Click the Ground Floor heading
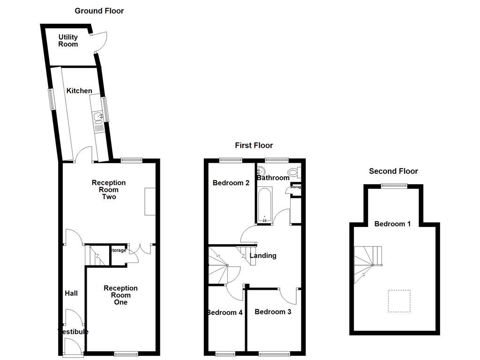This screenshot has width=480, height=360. tap(99, 11)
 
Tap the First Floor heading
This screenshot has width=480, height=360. tap(254, 145)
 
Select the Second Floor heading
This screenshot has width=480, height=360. tap(393, 171)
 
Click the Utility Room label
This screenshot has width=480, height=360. tap(68, 41)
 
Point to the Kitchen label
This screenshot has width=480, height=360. tap(79, 90)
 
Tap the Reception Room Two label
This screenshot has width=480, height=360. tap(109, 190)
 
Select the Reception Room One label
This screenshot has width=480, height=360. tap(120, 295)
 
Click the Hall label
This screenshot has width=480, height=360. tap(71, 293)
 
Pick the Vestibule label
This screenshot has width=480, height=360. tap(73, 332)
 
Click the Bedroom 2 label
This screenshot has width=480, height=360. tap(231, 183)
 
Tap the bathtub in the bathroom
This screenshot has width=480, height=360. tap(264, 205)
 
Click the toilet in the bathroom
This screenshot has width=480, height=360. tap(293, 172)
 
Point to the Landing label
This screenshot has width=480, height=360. tap(262, 255)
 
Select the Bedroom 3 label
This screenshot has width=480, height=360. tap(273, 312)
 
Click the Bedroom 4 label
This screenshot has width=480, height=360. tap(225, 312)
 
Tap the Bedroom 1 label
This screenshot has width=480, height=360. tap(392, 224)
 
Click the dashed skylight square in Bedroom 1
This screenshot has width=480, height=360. tap(399, 301)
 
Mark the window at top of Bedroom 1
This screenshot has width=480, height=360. tap(393, 186)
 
